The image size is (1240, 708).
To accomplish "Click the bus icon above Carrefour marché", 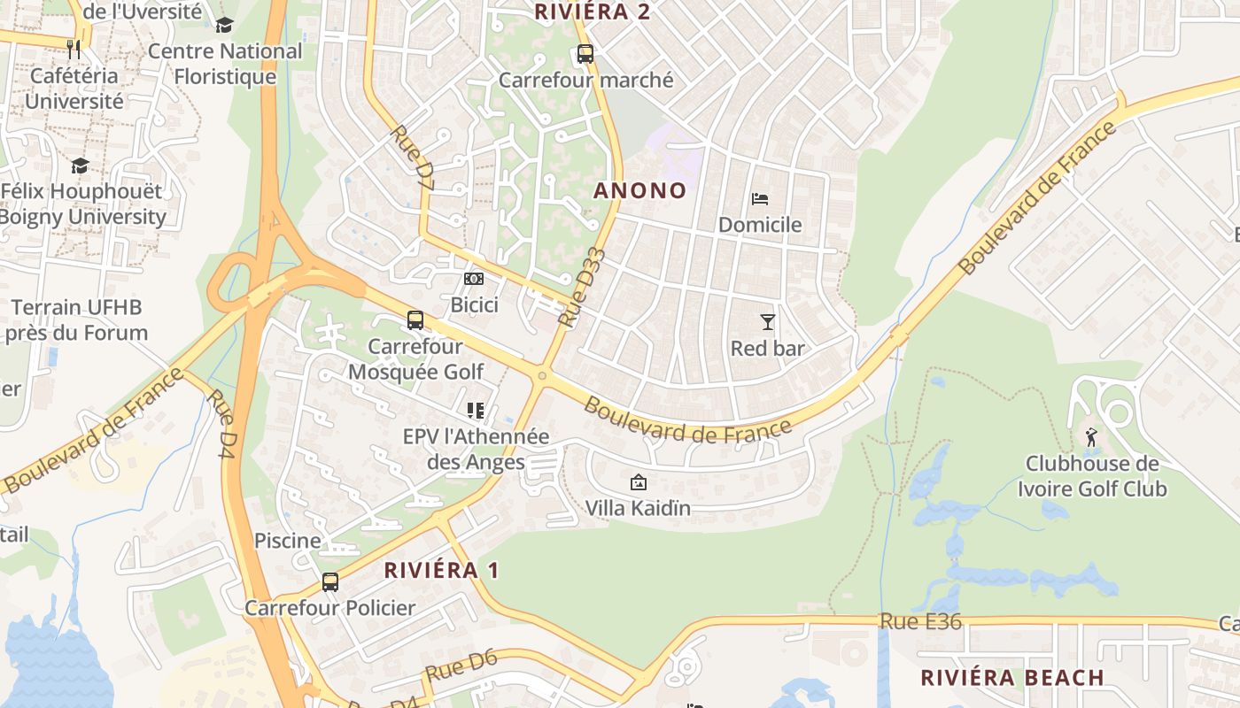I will tap(585, 53).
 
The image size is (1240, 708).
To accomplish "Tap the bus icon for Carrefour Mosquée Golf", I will tap(415, 320).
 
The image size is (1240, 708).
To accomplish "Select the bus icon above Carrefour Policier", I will tap(330, 581).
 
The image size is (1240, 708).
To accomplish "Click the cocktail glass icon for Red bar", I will tap(767, 322).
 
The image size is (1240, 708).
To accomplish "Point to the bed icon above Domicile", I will tap(759, 198).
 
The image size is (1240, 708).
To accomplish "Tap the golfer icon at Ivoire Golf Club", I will tap(1090, 437).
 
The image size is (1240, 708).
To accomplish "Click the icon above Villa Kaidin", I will tap(637, 482).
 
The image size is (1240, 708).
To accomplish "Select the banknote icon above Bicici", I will tap(474, 279).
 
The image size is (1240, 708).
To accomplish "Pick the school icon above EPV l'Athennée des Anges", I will tap(475, 411).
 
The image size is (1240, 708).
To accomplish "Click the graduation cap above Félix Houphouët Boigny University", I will tap(81, 166).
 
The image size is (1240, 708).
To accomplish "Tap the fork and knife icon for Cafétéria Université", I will tap(74, 50).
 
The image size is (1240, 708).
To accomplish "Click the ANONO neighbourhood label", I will tap(639, 190).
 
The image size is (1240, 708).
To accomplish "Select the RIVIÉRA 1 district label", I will tap(441, 571).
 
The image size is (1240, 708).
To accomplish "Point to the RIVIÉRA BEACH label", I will tap(1012, 678).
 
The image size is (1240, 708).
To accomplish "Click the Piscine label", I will tap(288, 541).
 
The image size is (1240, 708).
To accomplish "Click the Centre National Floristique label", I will tap(225, 64).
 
